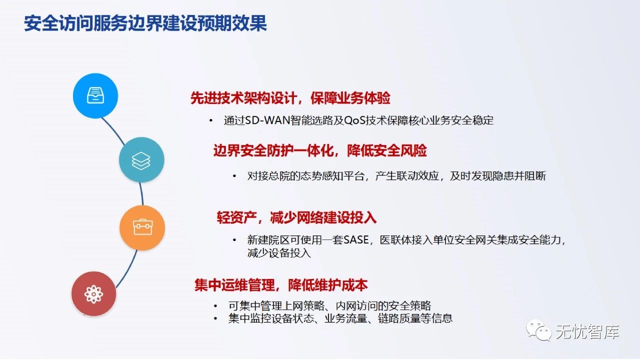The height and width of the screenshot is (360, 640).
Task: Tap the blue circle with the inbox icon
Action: (x=95, y=95)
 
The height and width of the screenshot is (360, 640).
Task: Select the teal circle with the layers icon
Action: (x=141, y=160)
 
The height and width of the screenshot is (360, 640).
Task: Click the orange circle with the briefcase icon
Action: (x=142, y=227)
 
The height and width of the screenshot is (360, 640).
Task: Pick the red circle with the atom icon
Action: (x=93, y=293)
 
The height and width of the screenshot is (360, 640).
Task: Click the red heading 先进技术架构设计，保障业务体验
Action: (x=290, y=98)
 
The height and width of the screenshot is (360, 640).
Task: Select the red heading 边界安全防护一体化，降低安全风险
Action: (x=320, y=150)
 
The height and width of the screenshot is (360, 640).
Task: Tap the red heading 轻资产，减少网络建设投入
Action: (x=296, y=217)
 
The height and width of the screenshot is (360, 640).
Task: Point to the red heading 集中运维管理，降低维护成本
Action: (x=281, y=285)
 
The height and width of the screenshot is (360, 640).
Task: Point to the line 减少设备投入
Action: (x=279, y=253)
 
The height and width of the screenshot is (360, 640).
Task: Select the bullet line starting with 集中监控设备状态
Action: (x=340, y=318)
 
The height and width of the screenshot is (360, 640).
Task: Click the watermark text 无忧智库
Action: (x=587, y=332)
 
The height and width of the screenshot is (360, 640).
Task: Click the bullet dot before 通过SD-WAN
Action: (x=210, y=121)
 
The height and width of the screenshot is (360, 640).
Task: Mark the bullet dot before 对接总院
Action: (x=234, y=176)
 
